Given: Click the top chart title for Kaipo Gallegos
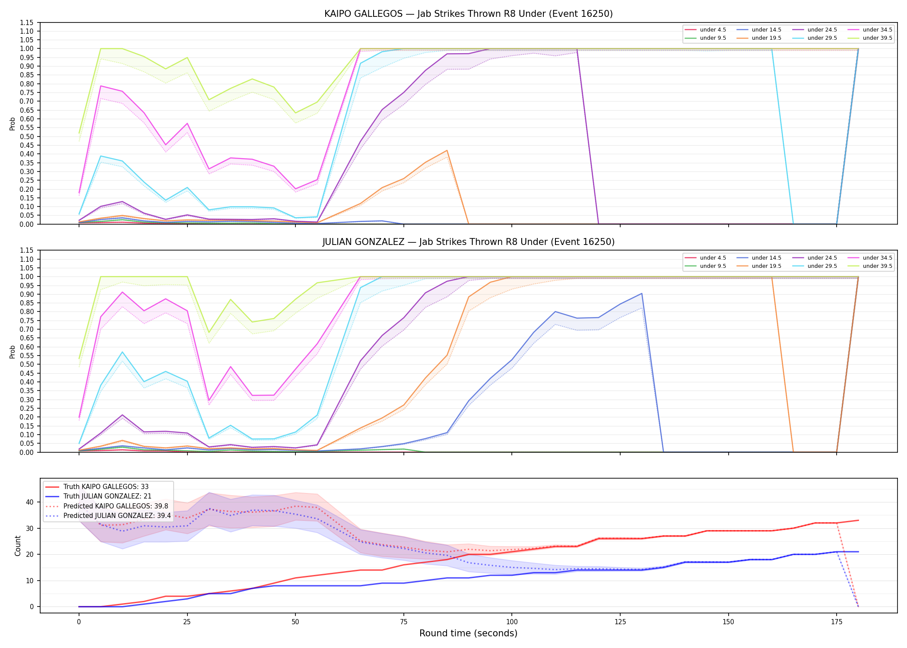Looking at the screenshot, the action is click(x=468, y=14).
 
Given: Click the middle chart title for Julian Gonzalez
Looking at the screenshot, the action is click(x=468, y=242).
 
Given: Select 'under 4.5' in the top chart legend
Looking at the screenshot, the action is click(x=713, y=30).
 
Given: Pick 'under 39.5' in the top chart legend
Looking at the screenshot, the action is click(x=877, y=38).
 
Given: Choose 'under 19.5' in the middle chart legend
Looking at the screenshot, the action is click(x=766, y=266).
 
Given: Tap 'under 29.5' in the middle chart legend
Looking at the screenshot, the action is click(x=822, y=266).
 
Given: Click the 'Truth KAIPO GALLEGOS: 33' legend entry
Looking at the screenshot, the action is click(x=106, y=487).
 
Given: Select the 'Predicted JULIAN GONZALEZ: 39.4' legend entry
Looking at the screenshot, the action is click(x=117, y=516).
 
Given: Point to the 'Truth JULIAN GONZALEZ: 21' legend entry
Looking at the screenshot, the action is click(x=107, y=496).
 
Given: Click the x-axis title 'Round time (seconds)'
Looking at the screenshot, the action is click(x=468, y=633).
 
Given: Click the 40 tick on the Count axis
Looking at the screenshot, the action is click(x=30, y=502).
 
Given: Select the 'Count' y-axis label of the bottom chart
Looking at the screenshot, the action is click(x=18, y=546).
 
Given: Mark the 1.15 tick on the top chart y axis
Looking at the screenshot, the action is click(x=27, y=22).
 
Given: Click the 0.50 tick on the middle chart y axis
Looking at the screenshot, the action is click(x=27, y=365).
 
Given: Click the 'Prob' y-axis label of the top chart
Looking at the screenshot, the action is click(x=13, y=124).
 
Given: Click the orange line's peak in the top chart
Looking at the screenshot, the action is click(x=447, y=150).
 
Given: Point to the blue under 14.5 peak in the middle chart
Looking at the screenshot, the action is click(x=641, y=293).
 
